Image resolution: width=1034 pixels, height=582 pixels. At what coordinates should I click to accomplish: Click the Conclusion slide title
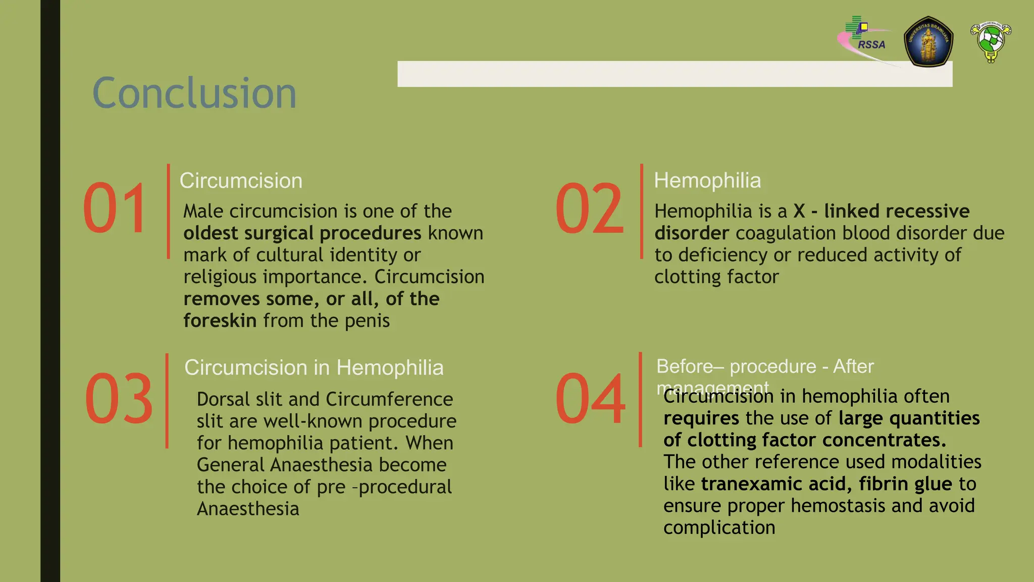[194, 93]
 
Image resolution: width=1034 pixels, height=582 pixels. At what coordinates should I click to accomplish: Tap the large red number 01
[116, 208]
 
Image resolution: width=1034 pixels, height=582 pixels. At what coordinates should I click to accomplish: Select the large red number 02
[589, 208]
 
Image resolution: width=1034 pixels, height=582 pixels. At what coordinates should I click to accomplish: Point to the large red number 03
[119, 398]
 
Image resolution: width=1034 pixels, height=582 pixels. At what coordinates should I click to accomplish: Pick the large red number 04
[590, 398]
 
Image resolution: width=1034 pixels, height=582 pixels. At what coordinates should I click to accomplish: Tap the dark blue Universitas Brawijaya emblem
[928, 41]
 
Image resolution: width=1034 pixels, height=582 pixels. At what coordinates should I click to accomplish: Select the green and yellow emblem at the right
[991, 41]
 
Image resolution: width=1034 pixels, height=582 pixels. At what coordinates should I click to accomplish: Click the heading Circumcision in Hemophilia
[314, 367]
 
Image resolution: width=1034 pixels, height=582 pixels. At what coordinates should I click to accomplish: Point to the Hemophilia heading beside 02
[707, 180]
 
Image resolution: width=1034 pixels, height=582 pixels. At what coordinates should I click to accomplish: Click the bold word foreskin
[220, 321]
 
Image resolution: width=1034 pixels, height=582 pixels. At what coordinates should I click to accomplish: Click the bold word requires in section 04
[701, 418]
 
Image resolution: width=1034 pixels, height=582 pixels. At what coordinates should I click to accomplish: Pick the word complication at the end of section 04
[719, 528]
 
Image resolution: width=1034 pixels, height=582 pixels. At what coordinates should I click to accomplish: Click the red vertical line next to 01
[168, 211]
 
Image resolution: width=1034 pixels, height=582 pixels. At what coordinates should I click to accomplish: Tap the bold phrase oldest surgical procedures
[302, 233]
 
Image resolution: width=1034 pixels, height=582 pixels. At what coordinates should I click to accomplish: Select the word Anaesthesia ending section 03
[248, 509]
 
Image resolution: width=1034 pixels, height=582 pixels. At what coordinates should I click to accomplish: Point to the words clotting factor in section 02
[716, 277]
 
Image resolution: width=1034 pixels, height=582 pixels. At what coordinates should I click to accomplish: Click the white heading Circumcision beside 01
[241, 181]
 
